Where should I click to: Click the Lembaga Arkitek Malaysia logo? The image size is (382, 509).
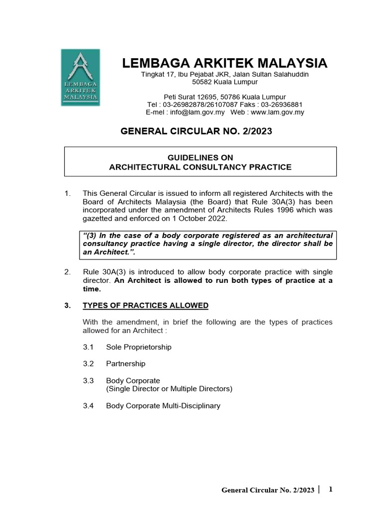click(80, 77)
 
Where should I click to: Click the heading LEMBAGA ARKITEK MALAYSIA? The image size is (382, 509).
click(225, 63)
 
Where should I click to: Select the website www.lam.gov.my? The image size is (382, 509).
click(277, 112)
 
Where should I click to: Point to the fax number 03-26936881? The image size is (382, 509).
click(281, 104)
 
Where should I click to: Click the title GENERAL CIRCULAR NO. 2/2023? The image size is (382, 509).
click(197, 131)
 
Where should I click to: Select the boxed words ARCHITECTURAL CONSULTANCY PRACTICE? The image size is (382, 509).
click(200, 167)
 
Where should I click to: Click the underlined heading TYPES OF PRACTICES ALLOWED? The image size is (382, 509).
click(145, 305)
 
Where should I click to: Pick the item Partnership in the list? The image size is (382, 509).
click(126, 363)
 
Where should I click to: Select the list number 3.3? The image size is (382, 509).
click(89, 380)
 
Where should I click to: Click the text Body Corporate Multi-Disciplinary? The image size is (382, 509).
click(163, 406)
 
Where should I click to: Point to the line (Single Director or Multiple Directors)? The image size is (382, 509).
click(169, 388)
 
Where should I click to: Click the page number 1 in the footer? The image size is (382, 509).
click(330, 490)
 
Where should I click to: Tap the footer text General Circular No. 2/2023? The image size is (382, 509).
click(268, 491)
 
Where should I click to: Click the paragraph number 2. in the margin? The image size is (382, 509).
click(68, 272)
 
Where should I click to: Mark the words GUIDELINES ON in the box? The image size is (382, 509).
click(200, 158)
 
